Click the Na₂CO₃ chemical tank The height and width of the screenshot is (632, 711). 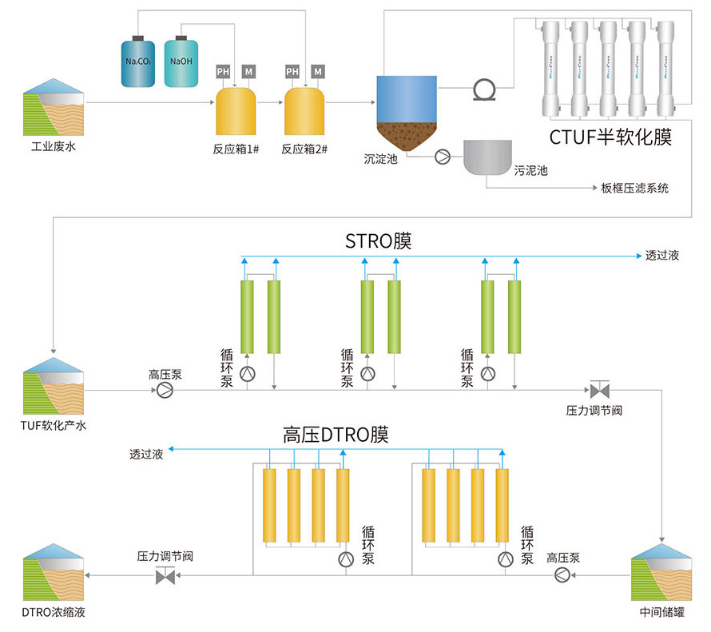point(139,62)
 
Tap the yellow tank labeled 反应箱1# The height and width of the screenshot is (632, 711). point(236,112)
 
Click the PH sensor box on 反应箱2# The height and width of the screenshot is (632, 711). point(292,72)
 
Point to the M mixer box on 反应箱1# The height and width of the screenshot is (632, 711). point(249,72)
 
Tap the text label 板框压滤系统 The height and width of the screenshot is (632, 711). point(635,189)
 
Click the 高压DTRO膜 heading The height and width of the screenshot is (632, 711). point(336,435)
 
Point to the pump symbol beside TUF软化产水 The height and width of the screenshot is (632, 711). point(165,390)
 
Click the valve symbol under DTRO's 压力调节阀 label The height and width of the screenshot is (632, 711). point(165,575)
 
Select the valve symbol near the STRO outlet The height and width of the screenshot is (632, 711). point(598,391)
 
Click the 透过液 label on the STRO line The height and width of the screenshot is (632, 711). point(662,256)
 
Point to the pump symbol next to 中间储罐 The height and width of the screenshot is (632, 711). point(562,574)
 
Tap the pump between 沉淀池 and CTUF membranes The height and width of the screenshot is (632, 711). point(484,89)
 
